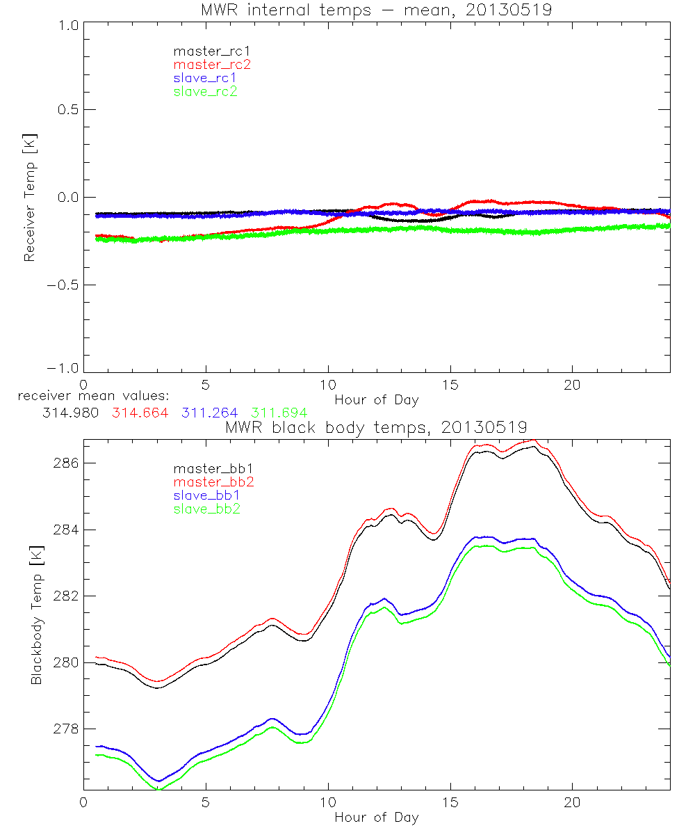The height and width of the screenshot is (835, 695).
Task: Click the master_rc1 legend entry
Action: tap(205, 51)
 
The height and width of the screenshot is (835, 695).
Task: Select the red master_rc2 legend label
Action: tap(212, 65)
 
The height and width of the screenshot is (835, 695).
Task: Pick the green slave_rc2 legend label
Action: tap(205, 91)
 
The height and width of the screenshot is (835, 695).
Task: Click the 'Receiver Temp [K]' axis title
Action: tap(29, 198)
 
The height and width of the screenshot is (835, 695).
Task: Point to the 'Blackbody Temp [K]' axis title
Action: tap(35, 616)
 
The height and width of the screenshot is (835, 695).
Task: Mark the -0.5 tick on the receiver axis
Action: tap(65, 285)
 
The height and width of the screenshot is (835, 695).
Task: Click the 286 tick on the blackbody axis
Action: tap(66, 463)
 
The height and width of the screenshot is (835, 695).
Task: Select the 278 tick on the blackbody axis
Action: tap(66, 729)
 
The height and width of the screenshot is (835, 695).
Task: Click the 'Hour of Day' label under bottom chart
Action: tap(376, 818)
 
